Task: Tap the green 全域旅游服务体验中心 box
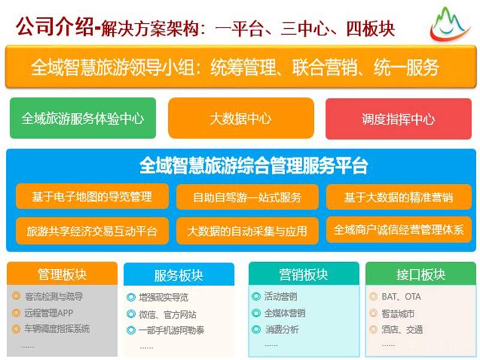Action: click(83, 118)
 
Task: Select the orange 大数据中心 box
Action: click(241, 118)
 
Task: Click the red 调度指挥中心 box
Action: click(398, 119)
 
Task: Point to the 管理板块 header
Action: click(62, 275)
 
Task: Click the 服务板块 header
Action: click(179, 275)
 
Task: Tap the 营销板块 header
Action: click(304, 275)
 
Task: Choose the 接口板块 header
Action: click(421, 275)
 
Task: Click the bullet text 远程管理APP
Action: click(49, 313)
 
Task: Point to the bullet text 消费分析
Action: click(282, 329)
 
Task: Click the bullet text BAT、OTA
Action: click(401, 296)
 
